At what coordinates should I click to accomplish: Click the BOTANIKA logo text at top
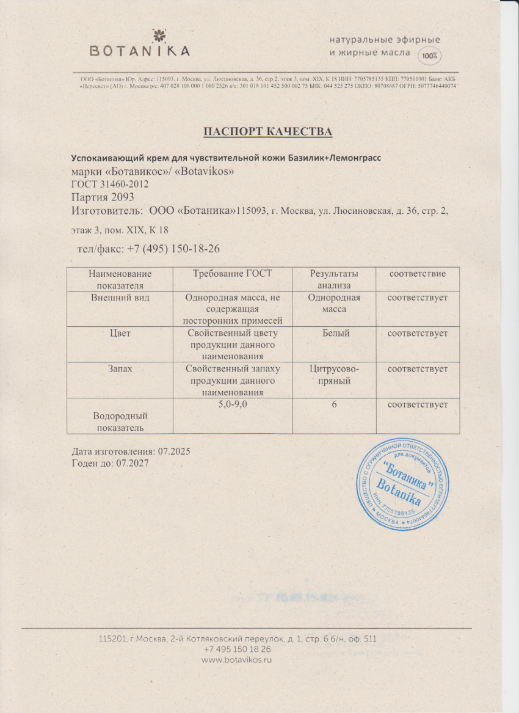140,51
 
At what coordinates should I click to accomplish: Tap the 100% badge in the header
429,56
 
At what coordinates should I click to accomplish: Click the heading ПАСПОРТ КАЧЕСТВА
267,131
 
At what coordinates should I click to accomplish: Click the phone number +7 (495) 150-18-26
174,249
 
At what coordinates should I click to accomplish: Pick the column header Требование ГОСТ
232,274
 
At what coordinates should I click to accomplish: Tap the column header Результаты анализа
334,279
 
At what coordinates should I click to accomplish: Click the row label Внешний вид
120,298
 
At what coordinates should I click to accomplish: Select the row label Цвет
120,334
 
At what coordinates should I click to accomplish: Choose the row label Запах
120,369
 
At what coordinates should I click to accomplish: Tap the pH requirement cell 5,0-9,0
232,404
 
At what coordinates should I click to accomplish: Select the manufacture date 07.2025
175,452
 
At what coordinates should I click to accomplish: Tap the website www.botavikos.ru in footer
236,660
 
